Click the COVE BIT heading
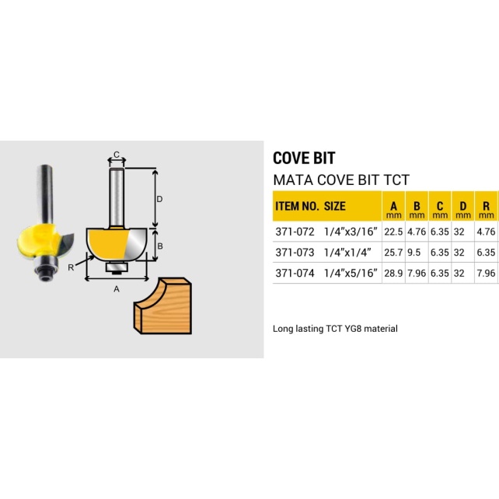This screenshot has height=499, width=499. pos(304,158)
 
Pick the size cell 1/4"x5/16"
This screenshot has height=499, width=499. pos(351,273)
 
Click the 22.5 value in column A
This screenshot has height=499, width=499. pos(393,231)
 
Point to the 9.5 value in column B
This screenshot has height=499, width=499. pos(417,252)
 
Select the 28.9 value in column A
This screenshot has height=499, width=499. pos(393,273)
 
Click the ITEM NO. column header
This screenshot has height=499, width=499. pos(296,207)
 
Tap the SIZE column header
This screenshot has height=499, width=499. pos(334,207)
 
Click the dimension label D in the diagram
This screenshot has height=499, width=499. pos(159,199)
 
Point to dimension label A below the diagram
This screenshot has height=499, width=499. pos(117,288)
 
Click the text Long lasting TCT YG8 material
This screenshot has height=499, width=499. pos(335,329)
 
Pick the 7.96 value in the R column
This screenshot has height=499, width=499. pos(486,273)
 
